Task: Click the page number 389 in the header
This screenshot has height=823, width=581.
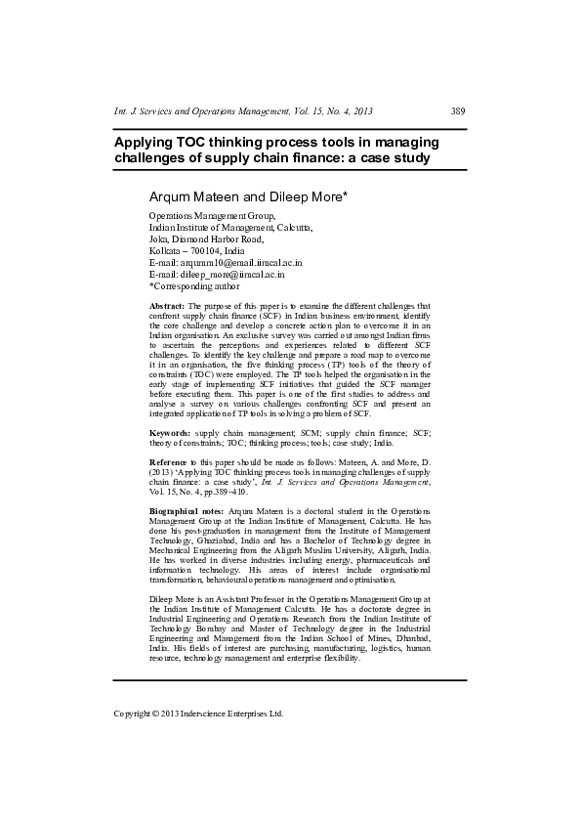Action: [458, 110]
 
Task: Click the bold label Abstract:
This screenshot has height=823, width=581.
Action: [167, 306]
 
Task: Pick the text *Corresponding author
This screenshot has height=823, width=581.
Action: [194, 286]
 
